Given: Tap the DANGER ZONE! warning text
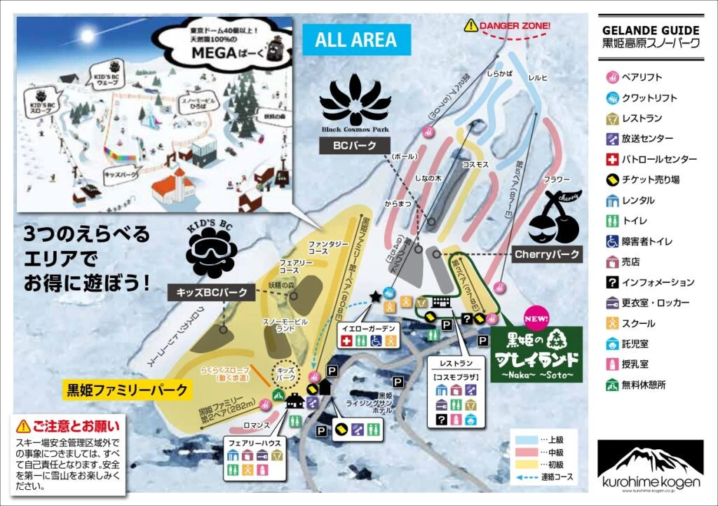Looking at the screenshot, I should point(509,27).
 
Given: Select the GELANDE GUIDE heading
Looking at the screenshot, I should point(651,30).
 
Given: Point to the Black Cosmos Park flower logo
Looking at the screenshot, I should point(355,102).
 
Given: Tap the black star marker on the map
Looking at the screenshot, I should point(376,297).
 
